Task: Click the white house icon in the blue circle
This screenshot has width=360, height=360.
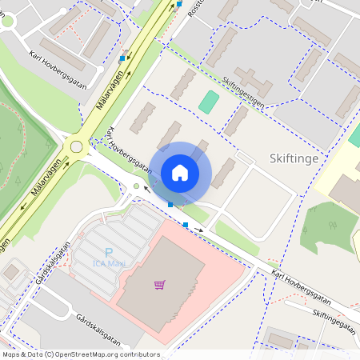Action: pos(180,172)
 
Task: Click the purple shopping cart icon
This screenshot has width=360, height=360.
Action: pos(160,284)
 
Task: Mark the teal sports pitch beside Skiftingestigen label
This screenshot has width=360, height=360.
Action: pos(208,102)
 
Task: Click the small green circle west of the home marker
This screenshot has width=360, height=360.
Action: pos(136,186)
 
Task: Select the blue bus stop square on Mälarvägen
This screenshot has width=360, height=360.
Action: pos(122,58)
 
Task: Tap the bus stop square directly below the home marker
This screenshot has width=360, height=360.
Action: pos(170,205)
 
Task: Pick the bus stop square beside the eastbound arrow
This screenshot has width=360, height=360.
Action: pos(186,225)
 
